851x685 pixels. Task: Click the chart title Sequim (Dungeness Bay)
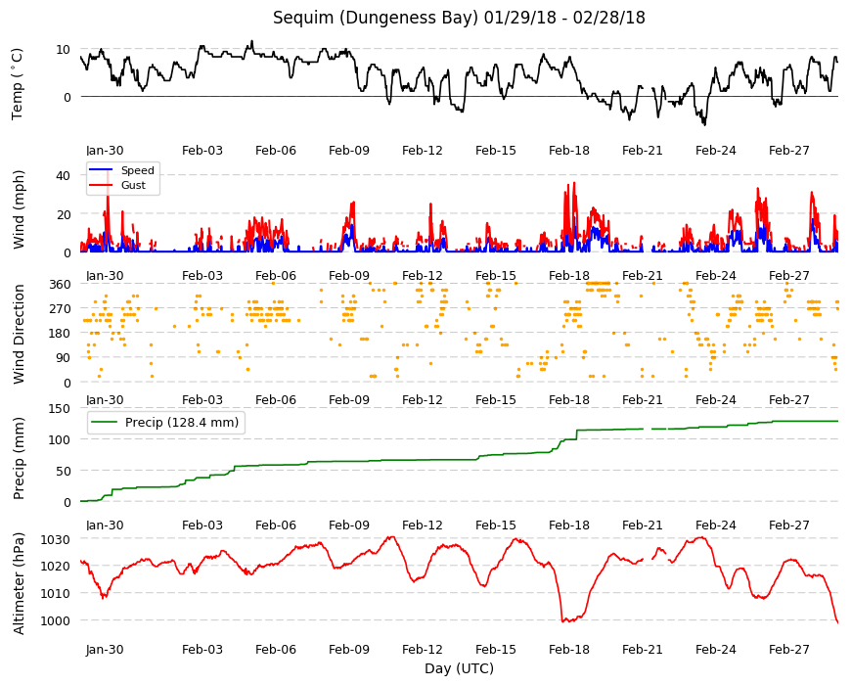(376, 18)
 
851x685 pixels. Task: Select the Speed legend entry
(120, 170)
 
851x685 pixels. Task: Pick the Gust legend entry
(117, 185)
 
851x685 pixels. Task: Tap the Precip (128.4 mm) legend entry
(165, 423)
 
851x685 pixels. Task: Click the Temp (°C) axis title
(18, 83)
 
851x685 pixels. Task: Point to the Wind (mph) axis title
(19, 209)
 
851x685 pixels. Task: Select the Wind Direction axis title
(19, 334)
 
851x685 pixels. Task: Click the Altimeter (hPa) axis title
(19, 583)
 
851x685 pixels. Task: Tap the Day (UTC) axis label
(459, 668)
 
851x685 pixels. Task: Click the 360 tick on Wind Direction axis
(61, 284)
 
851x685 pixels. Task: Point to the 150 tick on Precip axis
(61, 408)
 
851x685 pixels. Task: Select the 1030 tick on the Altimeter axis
(57, 539)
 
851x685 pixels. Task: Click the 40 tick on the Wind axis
(64, 176)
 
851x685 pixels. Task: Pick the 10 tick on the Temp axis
(64, 49)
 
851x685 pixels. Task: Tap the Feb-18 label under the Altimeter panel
(568, 650)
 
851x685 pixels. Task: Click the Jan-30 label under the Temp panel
(105, 151)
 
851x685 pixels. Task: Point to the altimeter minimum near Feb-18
(564, 620)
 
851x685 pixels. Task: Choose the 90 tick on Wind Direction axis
(64, 358)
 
